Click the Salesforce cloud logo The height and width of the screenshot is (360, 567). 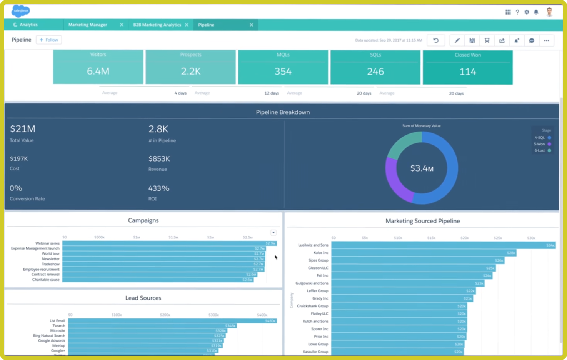click(x=20, y=11)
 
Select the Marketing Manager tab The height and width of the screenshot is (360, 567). click(x=88, y=25)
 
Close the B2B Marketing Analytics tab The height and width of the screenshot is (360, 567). click(x=187, y=25)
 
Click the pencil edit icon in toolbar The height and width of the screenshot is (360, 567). click(x=457, y=40)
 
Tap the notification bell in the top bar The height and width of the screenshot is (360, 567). click(x=536, y=12)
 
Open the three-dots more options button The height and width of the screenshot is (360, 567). click(x=546, y=40)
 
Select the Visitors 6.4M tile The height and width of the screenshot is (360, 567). click(x=98, y=67)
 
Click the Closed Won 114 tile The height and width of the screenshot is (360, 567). click(x=467, y=67)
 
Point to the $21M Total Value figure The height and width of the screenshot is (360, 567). click(x=23, y=129)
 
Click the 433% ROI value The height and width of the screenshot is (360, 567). click(x=159, y=188)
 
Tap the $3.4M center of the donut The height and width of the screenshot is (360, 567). click(x=422, y=168)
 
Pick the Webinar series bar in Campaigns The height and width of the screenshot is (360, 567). click(x=169, y=243)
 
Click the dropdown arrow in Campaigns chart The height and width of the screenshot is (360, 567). click(x=273, y=232)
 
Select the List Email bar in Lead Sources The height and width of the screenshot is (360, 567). click(x=172, y=321)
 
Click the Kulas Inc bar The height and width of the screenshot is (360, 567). click(x=423, y=253)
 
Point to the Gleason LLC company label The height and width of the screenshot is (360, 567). click(x=318, y=268)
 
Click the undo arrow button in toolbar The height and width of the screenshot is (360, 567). click(x=436, y=40)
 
